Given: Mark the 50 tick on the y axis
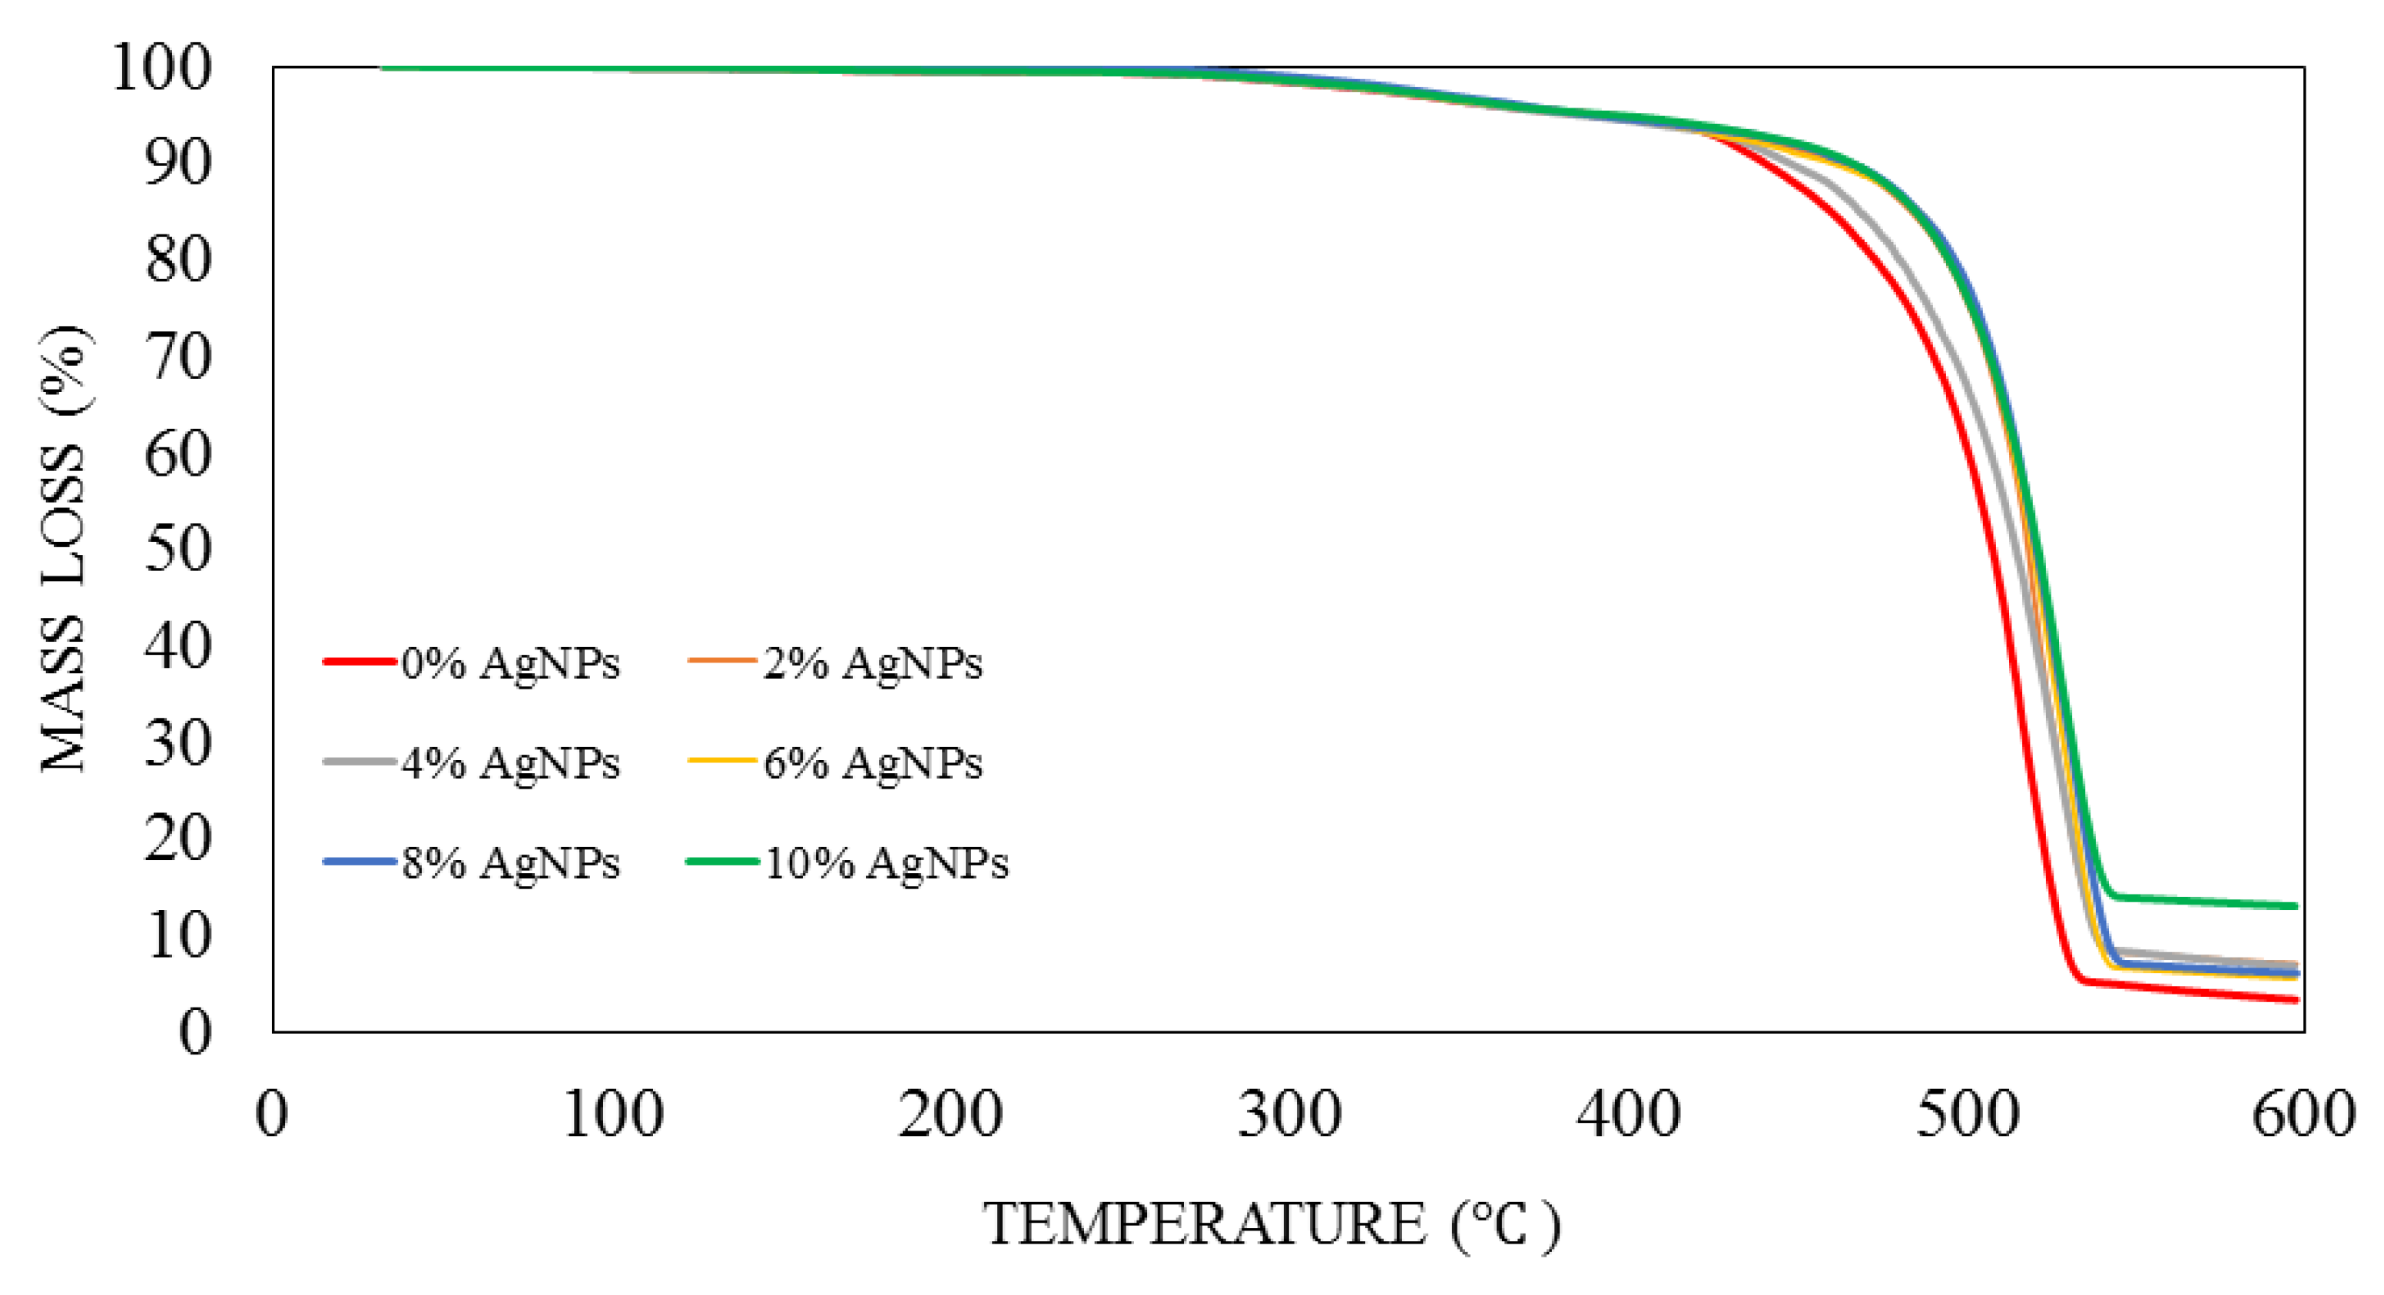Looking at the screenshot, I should [177, 549].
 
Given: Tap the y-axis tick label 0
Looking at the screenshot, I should [194, 1031].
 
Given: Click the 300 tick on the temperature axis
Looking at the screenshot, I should [1289, 1114].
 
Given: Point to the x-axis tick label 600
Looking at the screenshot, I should [2303, 1114].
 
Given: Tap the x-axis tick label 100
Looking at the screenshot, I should [612, 1114].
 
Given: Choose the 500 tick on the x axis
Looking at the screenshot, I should [1967, 1114].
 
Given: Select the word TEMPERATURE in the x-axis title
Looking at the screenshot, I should [1203, 1224].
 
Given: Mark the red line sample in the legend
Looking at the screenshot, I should [359, 662].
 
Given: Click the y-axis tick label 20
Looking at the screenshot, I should [177, 838].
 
